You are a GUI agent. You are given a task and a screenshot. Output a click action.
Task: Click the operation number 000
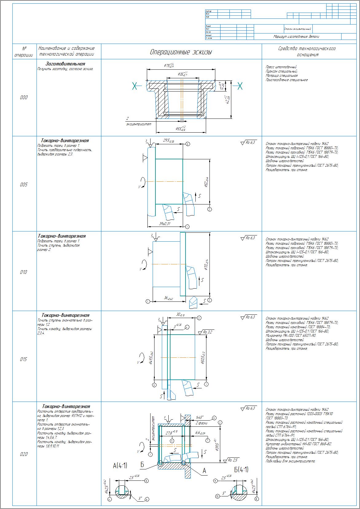tap(24, 98)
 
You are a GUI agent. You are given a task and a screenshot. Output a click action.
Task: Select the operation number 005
tap(24, 185)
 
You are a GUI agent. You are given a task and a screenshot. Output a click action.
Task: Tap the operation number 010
tap(24, 272)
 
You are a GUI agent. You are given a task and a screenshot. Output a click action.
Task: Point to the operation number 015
tap(24, 359)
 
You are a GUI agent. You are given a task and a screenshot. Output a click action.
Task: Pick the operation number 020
tap(24, 454)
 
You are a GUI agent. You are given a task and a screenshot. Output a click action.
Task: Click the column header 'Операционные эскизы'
tap(181, 52)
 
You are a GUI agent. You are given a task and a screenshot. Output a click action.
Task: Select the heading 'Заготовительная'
tap(65, 64)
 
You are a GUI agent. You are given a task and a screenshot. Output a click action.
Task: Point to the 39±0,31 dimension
tap(165, 223)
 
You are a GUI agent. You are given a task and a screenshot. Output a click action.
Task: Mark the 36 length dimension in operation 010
tap(168, 298)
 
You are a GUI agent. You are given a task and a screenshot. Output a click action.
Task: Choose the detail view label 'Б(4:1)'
tap(241, 469)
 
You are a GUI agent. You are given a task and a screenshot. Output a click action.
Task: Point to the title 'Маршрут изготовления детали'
tap(296, 37)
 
